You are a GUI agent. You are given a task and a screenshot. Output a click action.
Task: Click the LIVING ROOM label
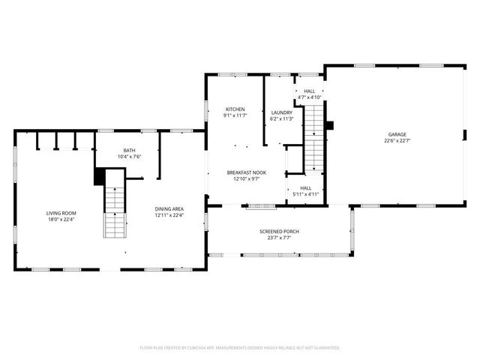click(61, 213)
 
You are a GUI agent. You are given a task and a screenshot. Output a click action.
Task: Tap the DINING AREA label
click(169, 208)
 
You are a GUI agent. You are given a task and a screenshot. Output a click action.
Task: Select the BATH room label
click(130, 151)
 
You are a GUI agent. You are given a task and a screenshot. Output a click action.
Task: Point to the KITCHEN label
click(235, 109)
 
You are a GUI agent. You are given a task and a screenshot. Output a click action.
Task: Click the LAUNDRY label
click(281, 112)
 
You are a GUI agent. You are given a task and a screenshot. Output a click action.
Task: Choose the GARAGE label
click(397, 133)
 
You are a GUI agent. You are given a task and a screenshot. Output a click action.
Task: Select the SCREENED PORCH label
click(279, 232)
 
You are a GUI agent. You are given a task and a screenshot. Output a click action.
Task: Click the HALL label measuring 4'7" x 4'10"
click(309, 91)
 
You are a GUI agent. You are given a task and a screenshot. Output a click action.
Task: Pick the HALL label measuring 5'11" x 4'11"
click(306, 188)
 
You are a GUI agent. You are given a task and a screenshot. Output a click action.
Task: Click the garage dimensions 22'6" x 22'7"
click(397, 140)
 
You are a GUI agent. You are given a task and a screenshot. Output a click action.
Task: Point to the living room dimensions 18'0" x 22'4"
click(61, 219)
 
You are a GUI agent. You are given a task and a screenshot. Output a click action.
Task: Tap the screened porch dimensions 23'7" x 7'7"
click(279, 238)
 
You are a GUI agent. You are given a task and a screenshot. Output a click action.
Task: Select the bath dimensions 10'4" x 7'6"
click(130, 157)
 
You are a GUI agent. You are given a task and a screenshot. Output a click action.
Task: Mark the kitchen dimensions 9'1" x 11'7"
click(235, 115)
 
